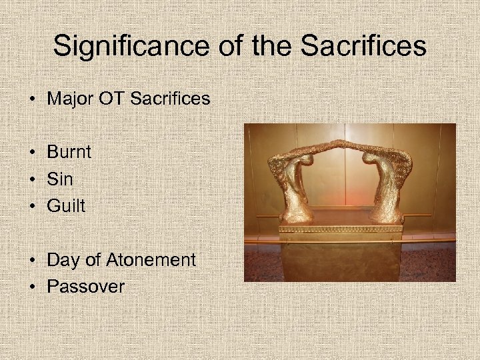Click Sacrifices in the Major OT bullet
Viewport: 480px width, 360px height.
pos(170,99)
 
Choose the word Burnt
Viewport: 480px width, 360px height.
pos(69,152)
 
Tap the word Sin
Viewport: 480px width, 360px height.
pos(60,179)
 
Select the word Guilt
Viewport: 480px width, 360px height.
pos(66,206)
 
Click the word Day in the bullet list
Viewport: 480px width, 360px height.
pos(63,260)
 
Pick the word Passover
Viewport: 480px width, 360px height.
pos(85,287)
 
